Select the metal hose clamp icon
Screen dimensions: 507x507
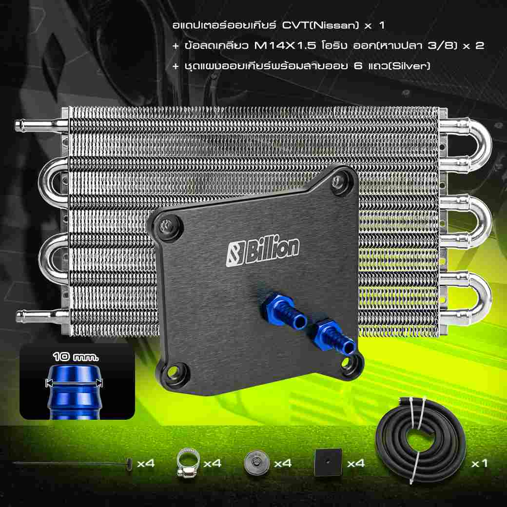point(188,463)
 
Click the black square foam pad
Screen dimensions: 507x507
point(328,462)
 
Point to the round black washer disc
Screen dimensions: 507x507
point(257,463)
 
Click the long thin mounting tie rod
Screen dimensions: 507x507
point(73,464)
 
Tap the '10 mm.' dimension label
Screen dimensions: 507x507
point(76,357)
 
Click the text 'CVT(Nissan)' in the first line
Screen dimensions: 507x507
point(320,25)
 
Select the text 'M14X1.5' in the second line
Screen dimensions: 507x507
point(285,46)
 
